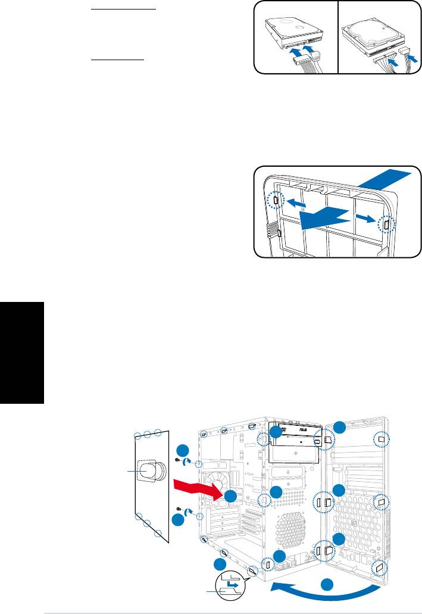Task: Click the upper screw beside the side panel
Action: click(179, 460)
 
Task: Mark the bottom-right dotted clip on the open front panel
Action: click(379, 568)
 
